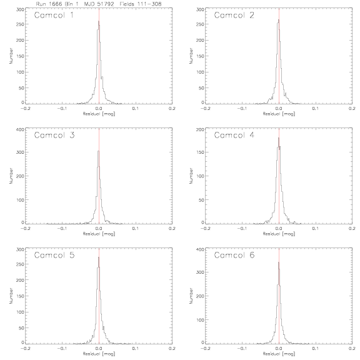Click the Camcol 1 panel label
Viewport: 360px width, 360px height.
pos(54,15)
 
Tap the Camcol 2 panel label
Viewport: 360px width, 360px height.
pos(234,15)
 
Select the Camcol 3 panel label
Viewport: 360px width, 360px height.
pos(54,135)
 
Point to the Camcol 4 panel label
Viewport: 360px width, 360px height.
pos(234,135)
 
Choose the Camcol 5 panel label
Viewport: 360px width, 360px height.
pos(54,255)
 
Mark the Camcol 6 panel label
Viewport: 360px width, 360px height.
pos(234,255)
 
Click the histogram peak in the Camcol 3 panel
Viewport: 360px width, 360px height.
pos(99,151)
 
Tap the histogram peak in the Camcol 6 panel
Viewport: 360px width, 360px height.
pos(279,262)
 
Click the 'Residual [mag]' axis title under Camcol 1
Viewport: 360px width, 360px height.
pos(99,114)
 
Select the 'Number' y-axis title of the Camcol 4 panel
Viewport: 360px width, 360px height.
pos(191,176)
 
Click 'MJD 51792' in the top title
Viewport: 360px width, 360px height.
pos(99,4)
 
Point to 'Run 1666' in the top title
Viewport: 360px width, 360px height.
pos(49,4)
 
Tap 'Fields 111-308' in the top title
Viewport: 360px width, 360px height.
pos(141,4)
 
